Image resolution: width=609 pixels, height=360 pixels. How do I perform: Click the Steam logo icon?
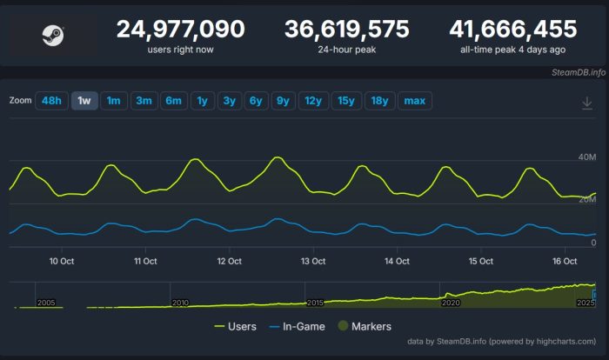pyautogui.click(x=50, y=36)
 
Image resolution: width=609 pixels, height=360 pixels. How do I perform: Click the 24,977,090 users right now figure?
pyautogui.click(x=181, y=30)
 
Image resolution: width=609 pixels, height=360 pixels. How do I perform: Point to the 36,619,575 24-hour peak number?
pyautogui.click(x=347, y=30)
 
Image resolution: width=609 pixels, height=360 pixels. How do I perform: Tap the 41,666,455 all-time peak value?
pyautogui.click(x=513, y=30)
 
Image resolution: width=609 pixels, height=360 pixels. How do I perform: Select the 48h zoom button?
pyautogui.click(x=51, y=101)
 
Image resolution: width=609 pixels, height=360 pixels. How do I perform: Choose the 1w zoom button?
pyautogui.click(x=84, y=101)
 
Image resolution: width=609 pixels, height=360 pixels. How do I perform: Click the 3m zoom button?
pyautogui.click(x=144, y=101)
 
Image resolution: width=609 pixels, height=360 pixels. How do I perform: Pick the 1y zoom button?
pyautogui.click(x=202, y=101)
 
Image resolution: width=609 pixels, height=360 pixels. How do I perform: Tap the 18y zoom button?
pyautogui.click(x=379, y=101)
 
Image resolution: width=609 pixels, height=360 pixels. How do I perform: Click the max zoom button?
pyautogui.click(x=415, y=101)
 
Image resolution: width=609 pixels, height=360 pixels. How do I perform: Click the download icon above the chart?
pyautogui.click(x=587, y=103)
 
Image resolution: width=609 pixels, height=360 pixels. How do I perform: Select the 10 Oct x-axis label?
pyautogui.click(x=61, y=261)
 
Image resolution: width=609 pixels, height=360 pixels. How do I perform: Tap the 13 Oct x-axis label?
pyautogui.click(x=312, y=261)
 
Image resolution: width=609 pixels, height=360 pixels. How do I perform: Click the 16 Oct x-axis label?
pyautogui.click(x=565, y=261)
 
